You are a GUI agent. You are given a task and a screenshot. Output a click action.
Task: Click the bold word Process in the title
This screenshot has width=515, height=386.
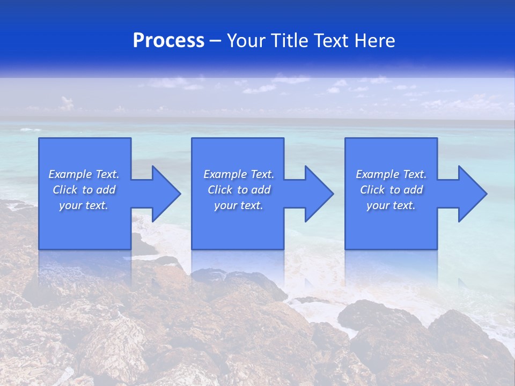pyautogui.click(x=168, y=41)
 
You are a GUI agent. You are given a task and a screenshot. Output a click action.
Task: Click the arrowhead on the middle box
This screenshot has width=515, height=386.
pyautogui.click(x=318, y=194)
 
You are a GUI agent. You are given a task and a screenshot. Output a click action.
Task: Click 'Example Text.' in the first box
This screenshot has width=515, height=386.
pyautogui.click(x=84, y=174)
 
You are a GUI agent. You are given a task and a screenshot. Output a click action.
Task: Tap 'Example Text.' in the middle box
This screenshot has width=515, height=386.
pyautogui.click(x=239, y=174)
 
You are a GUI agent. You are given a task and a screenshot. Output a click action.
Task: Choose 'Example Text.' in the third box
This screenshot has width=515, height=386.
pyautogui.click(x=391, y=174)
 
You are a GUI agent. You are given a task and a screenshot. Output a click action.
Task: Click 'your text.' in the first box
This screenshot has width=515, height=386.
pyautogui.click(x=84, y=205)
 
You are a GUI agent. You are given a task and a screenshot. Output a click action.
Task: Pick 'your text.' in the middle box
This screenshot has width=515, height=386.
pyautogui.click(x=239, y=205)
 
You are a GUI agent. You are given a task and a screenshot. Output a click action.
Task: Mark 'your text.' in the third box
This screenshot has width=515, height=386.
pyautogui.click(x=391, y=205)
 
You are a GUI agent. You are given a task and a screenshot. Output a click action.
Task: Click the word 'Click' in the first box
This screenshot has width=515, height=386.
pyautogui.click(x=65, y=190)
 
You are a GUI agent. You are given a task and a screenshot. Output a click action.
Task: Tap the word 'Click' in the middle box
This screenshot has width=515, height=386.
pyautogui.click(x=220, y=190)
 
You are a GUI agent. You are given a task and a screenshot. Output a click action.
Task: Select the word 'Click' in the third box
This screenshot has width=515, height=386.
pyautogui.click(x=372, y=190)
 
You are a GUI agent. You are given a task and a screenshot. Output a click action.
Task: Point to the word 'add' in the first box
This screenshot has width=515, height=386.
pyautogui.click(x=106, y=190)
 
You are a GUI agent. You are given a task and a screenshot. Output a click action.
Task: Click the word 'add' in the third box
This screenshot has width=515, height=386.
pyautogui.click(x=413, y=190)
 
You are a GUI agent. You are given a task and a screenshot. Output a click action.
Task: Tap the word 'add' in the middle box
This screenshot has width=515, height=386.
pyautogui.click(x=261, y=190)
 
